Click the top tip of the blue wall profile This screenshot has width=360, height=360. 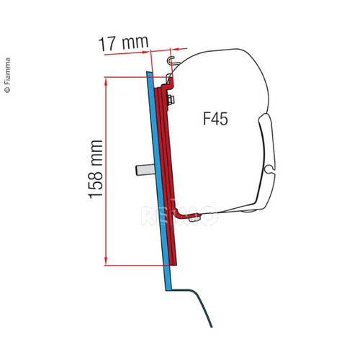point(149,73)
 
